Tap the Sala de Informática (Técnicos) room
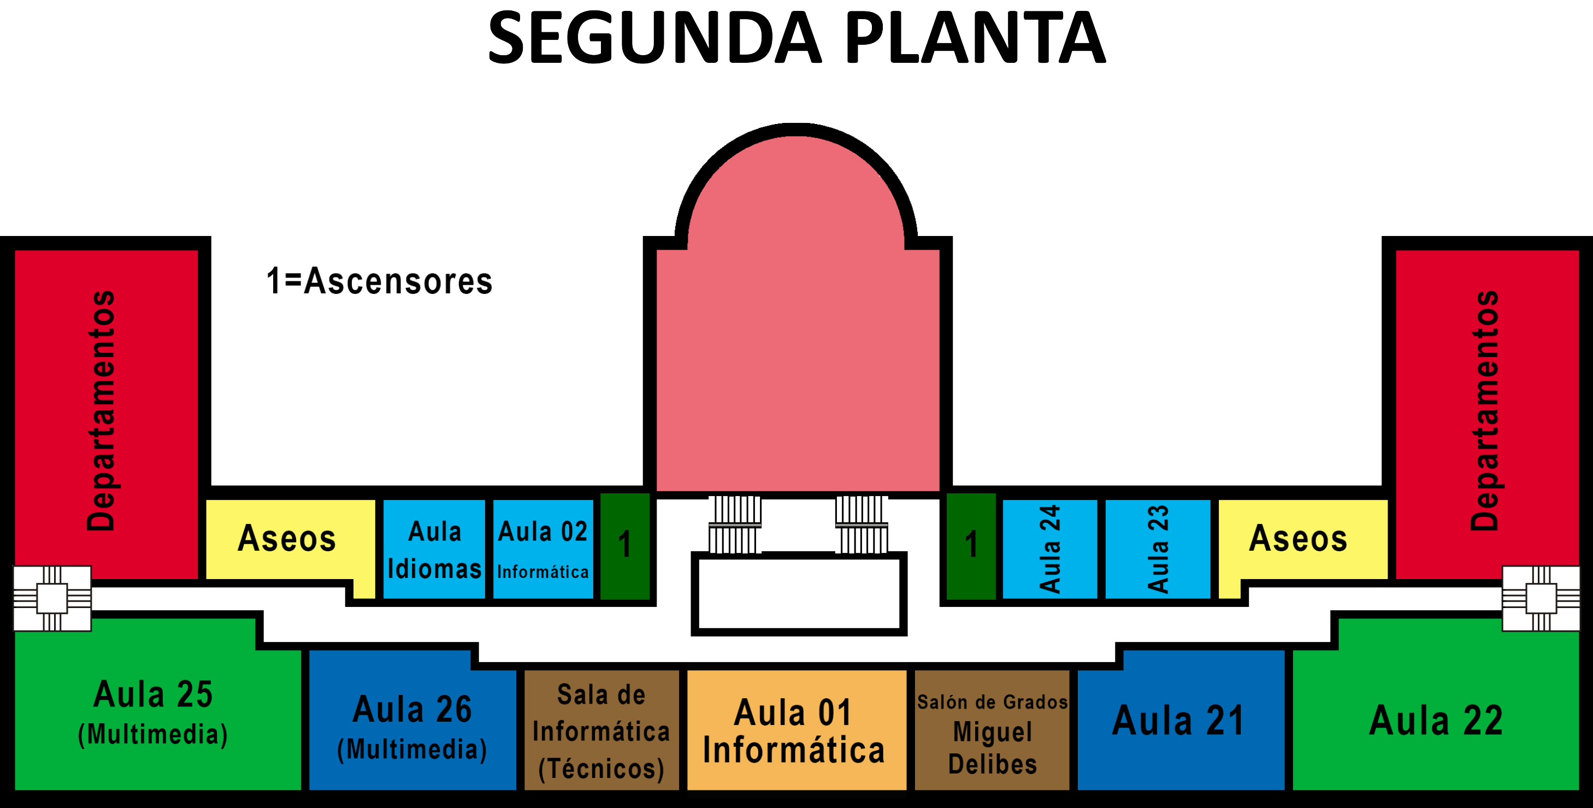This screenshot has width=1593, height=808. (x=601, y=730)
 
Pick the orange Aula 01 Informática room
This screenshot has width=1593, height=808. (x=796, y=730)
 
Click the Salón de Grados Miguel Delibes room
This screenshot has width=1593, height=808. (x=992, y=730)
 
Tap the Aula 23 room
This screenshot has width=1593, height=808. (x=1158, y=549)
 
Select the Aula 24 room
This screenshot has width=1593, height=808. (x=1049, y=549)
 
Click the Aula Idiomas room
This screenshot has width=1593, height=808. (x=434, y=549)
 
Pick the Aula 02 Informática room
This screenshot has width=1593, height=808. (x=543, y=549)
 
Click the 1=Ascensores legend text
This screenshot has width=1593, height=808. (x=379, y=281)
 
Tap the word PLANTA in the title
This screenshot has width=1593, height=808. (x=975, y=38)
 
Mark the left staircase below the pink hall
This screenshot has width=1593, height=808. (x=735, y=524)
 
